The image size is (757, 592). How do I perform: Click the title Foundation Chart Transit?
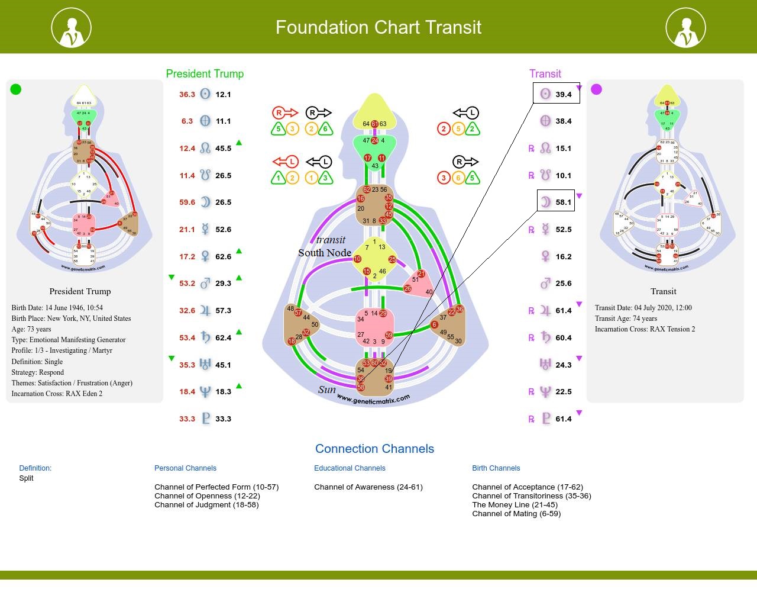coord(378,27)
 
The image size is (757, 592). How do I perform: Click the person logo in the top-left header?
coord(72,28)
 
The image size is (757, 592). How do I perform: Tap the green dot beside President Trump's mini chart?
coord(16,89)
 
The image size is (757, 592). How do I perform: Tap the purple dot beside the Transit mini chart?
coord(596,89)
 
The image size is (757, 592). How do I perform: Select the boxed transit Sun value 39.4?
coord(563,94)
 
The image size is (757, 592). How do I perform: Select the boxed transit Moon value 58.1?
coord(563,202)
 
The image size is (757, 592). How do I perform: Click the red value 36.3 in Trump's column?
coord(187,94)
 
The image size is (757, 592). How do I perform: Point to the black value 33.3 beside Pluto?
coord(223,419)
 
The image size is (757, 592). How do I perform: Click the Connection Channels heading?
coord(374,449)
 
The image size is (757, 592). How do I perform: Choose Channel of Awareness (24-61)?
coord(368,487)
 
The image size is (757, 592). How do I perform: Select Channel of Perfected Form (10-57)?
coord(216,487)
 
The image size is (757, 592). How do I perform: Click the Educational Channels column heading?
coord(350,468)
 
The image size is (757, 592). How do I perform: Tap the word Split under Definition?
coord(26,478)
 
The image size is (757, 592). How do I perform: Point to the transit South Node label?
coord(325,253)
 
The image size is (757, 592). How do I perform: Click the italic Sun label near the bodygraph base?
coord(326,390)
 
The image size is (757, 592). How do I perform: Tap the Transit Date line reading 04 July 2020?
coord(643,308)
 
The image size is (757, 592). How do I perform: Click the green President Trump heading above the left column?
coord(205,74)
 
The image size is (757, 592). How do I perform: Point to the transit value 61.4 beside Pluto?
coord(563,419)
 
